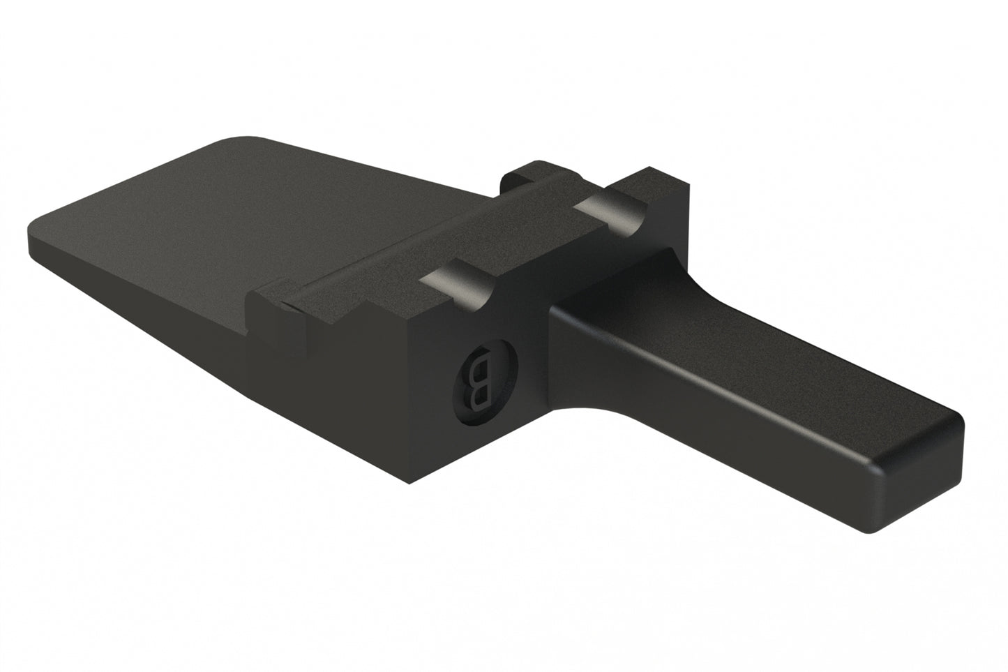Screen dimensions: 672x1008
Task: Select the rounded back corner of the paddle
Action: click(237, 140)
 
